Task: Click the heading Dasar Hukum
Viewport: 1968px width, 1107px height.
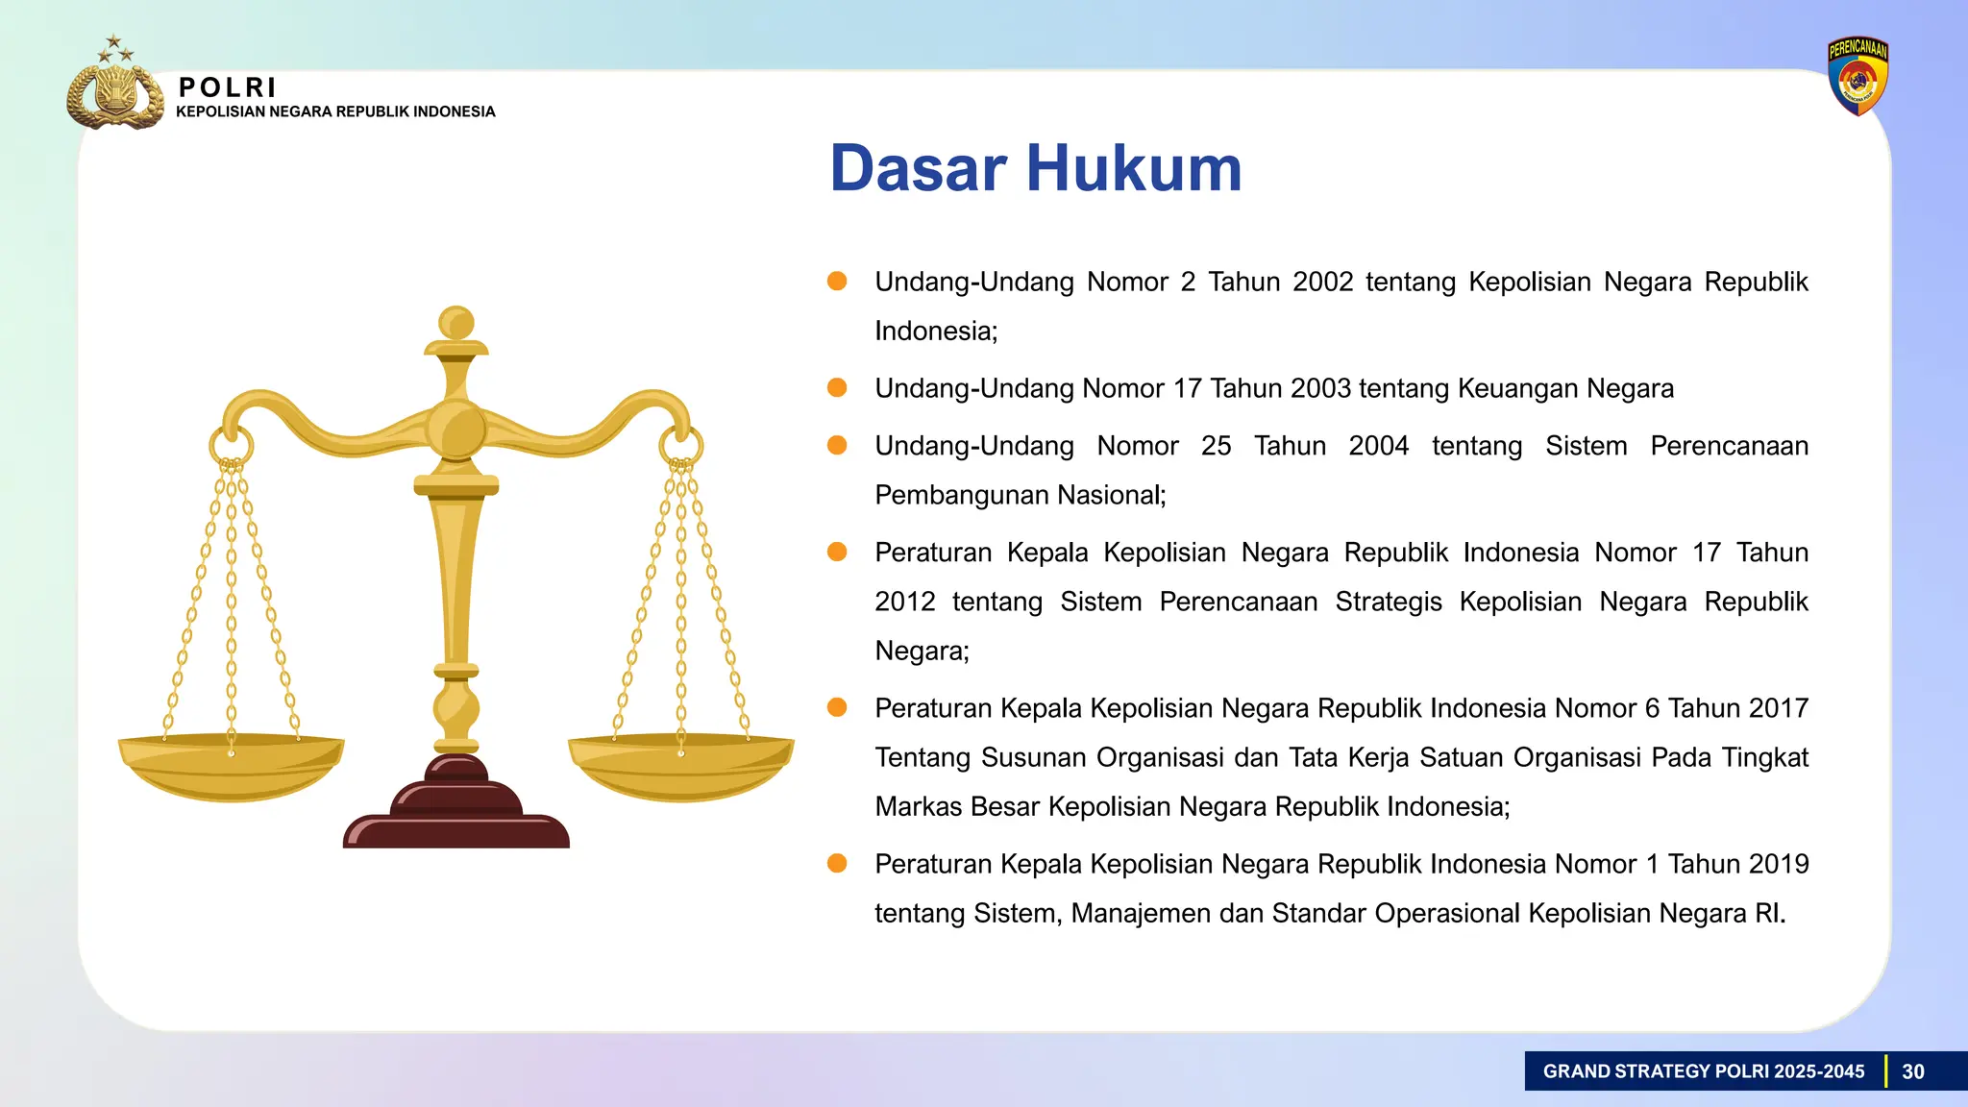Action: tap(1035, 169)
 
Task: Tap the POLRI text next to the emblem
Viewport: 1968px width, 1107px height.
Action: tap(228, 87)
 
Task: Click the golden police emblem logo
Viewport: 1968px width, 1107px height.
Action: tap(114, 92)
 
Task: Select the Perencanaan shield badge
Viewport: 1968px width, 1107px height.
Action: tap(1857, 77)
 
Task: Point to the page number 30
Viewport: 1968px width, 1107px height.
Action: tap(1912, 1071)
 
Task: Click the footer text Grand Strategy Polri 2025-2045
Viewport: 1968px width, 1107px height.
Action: tap(1703, 1071)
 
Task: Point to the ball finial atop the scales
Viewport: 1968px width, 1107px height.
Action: tap(456, 323)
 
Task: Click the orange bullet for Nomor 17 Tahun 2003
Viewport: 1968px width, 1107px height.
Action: tap(837, 387)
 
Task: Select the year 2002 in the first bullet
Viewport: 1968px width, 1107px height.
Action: tap(1322, 282)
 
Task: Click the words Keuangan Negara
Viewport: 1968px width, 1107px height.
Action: tap(1565, 388)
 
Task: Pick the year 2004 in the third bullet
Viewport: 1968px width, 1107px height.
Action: tap(1378, 446)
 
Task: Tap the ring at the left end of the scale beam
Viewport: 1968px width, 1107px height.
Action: tap(232, 446)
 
